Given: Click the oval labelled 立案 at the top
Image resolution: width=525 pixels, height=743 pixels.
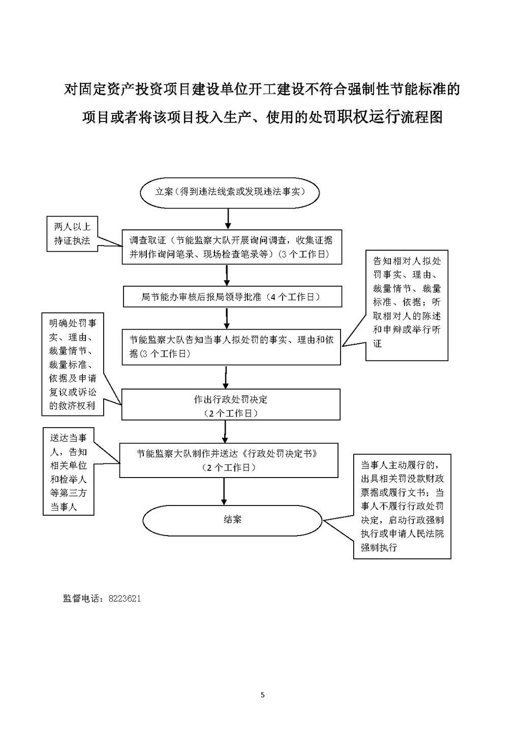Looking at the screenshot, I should tap(229, 192).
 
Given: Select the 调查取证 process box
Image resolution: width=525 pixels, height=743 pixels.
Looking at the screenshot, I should tap(231, 247).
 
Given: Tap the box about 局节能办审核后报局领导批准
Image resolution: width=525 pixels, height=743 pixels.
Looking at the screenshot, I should tap(232, 296).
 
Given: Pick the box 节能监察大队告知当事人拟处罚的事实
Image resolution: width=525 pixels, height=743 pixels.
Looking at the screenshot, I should tap(231, 347).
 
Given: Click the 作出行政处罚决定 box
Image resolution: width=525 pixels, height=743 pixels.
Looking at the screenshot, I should tap(231, 405).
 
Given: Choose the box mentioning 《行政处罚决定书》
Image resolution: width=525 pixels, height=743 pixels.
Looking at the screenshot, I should tap(229, 460).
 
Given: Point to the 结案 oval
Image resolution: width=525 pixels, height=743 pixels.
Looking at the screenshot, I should tap(233, 519).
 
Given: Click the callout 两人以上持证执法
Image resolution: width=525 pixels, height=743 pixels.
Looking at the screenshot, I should tap(72, 234).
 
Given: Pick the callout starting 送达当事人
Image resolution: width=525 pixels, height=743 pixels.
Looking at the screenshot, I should tap(68, 471).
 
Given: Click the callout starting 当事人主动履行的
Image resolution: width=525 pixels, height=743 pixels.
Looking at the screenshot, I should tap(402, 506).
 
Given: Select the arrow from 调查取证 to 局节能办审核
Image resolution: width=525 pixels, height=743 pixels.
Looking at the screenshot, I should tap(227, 275).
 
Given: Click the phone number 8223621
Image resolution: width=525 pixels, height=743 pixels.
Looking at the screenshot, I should tap(125, 599).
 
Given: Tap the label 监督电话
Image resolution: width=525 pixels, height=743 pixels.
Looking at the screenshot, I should tap(83, 599).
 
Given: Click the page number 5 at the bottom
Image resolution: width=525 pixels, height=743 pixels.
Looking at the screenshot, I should tap(262, 695).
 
